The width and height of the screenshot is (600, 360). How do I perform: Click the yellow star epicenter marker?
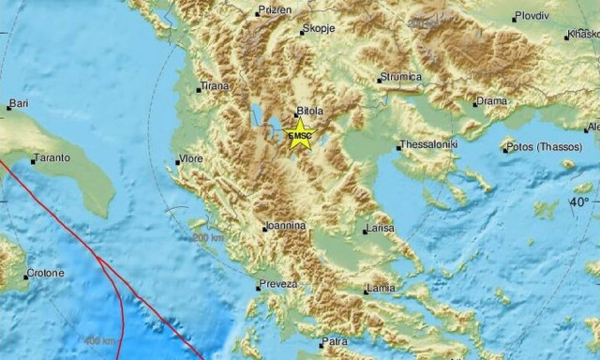tap(300, 133)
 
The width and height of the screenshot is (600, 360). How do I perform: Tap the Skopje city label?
tap(318, 30)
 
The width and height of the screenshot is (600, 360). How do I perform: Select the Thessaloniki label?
tap(429, 145)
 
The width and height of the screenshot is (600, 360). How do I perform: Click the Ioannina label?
tap(284, 226)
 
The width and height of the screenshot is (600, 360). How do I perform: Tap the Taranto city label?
tap(51, 158)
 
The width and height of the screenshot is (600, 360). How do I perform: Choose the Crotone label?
tap(44, 274)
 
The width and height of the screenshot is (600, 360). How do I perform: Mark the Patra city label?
tap(335, 342)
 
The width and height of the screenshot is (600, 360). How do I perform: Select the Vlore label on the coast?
tap(190, 160)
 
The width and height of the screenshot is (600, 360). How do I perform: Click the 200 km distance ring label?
tap(208, 238)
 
